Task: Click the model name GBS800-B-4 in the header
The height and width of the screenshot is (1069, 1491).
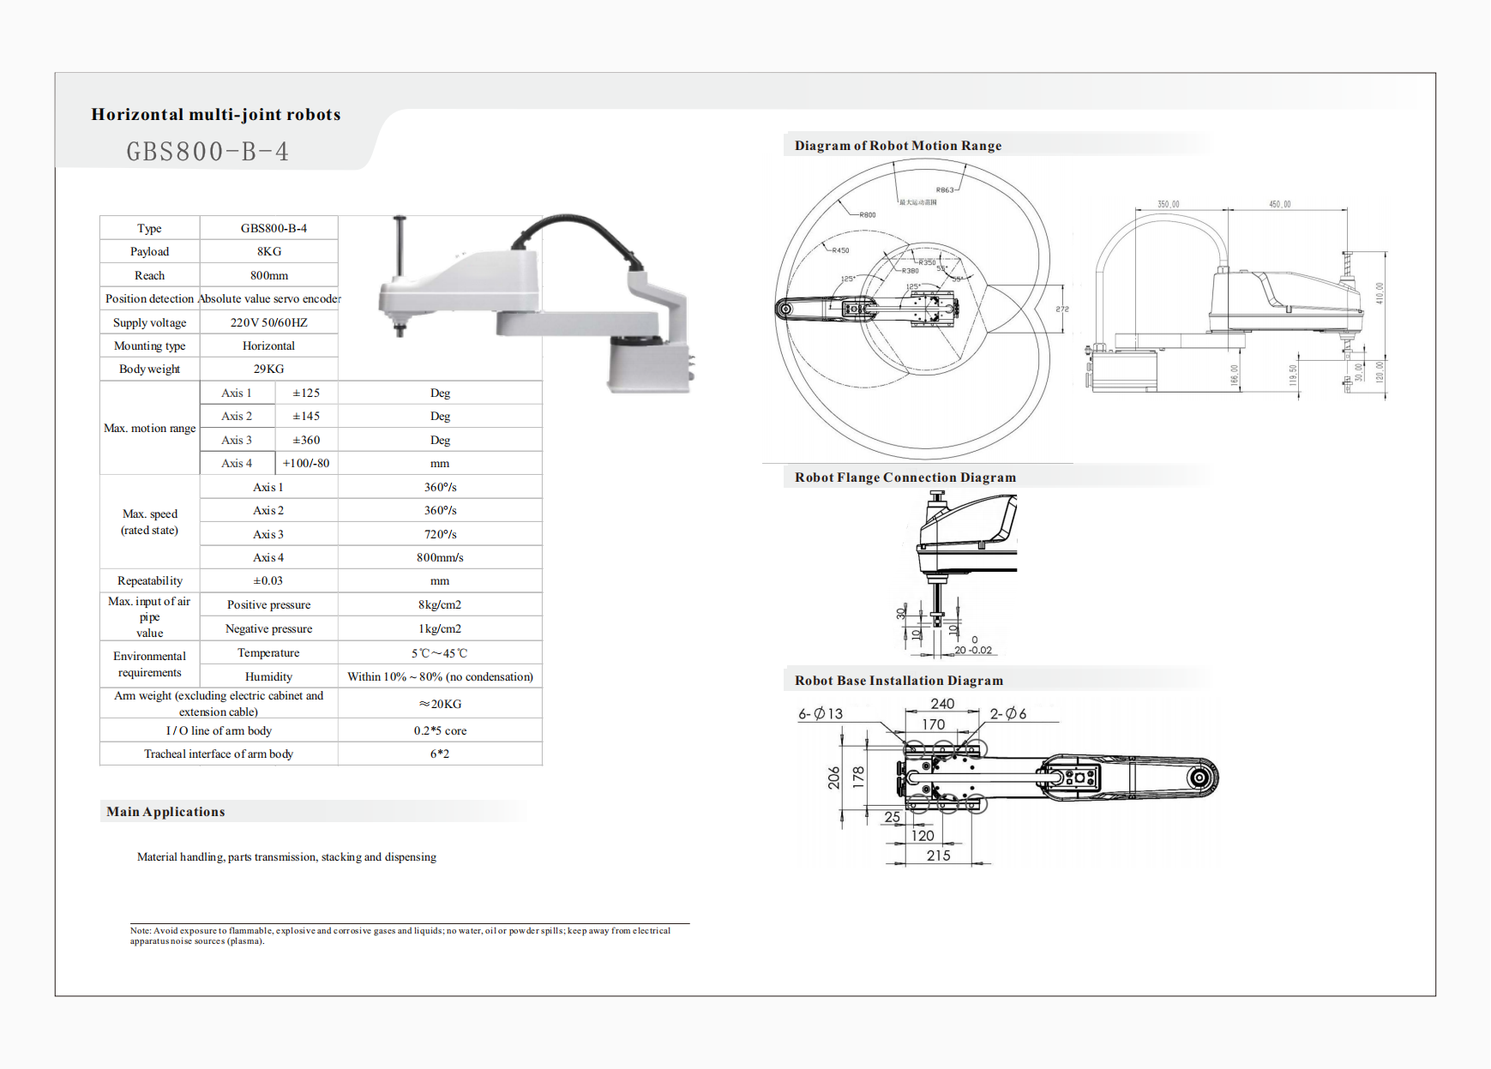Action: (207, 152)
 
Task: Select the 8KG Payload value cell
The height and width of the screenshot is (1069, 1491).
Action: (268, 251)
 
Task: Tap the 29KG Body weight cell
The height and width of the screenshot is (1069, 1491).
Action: (268, 369)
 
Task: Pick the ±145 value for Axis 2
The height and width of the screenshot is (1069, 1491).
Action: (305, 416)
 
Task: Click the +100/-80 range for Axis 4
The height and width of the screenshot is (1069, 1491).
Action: (306, 463)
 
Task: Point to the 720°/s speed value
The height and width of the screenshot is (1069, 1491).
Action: (440, 534)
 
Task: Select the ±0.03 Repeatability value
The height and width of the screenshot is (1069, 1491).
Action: (268, 580)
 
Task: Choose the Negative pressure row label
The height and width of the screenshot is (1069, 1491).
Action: (268, 628)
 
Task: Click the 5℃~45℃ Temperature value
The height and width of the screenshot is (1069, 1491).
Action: (440, 653)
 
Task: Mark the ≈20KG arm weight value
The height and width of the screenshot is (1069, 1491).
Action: (440, 704)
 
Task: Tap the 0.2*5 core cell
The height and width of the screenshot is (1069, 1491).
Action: (440, 730)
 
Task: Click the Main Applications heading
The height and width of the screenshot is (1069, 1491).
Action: (165, 812)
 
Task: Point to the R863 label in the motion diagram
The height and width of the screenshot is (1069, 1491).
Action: (944, 190)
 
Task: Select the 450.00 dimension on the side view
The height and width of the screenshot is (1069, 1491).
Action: (1279, 204)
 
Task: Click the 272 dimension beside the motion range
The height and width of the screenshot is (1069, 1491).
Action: (1062, 309)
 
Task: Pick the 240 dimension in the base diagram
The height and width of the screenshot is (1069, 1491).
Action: (942, 704)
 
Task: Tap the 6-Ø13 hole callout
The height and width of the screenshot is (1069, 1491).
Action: (821, 714)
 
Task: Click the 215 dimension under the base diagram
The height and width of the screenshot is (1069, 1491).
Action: (938, 856)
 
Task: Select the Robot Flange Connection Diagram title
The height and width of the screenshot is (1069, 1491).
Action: (905, 477)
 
